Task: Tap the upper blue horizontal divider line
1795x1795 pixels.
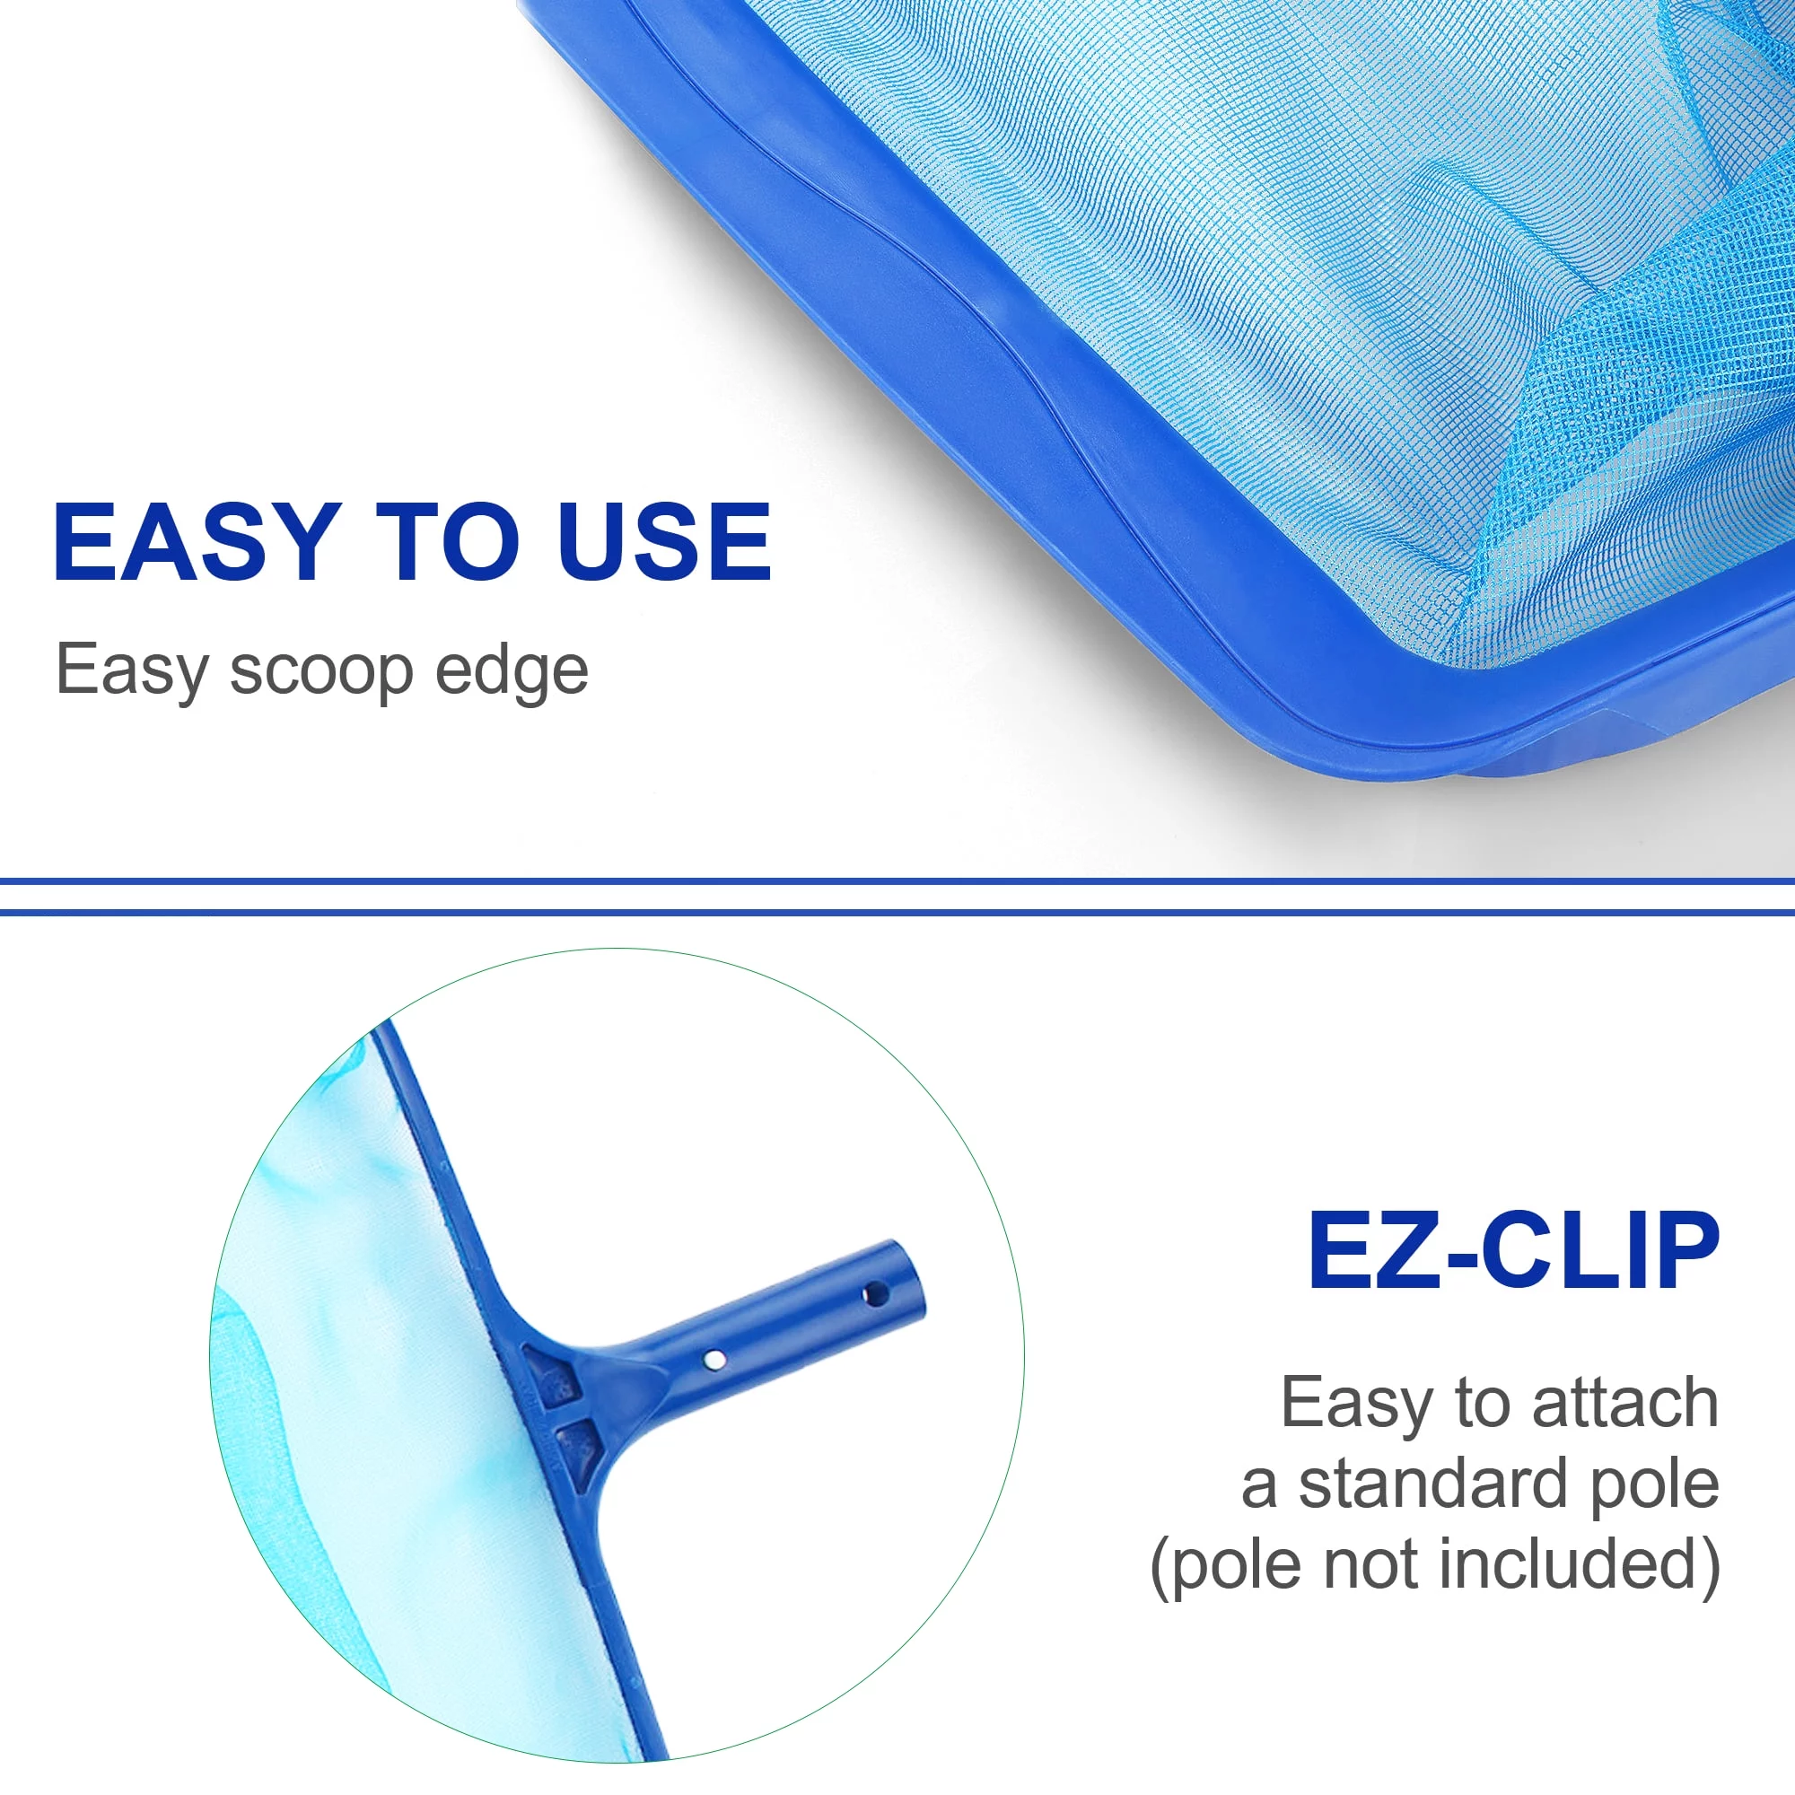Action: click(897, 879)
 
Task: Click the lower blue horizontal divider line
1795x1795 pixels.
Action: click(897, 912)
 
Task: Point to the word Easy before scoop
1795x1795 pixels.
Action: click(132, 671)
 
